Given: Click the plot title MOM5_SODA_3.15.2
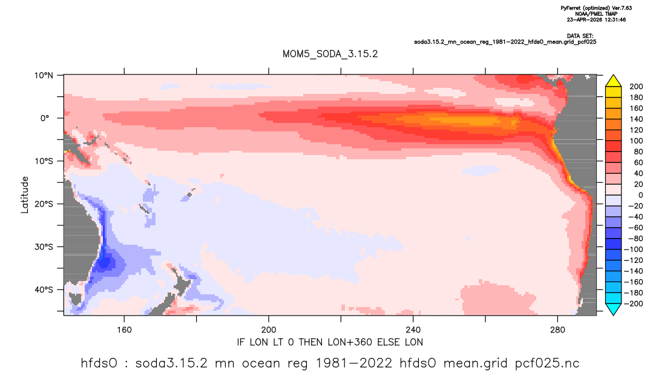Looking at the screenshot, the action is click(x=330, y=55).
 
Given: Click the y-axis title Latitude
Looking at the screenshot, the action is click(x=25, y=195).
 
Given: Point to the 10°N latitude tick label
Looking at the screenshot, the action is click(x=44, y=76).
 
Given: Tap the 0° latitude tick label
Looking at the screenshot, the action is click(x=45, y=118).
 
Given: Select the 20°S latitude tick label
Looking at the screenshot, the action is click(x=44, y=204).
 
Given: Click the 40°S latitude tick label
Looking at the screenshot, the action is click(x=44, y=289).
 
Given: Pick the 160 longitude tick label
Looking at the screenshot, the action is click(x=124, y=330).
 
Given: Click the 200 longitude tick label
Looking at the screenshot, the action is click(x=269, y=330).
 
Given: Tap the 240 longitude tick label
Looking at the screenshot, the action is click(x=413, y=330).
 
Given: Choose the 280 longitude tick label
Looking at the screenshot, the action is click(x=557, y=330).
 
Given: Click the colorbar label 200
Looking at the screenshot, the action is click(x=636, y=87).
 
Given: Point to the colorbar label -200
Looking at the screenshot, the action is click(x=634, y=303).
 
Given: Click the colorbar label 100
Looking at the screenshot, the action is click(x=636, y=141).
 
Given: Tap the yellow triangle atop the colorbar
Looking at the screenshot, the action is click(x=613, y=81).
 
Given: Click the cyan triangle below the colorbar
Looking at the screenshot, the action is click(x=613, y=309).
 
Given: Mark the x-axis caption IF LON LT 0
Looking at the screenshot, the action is click(x=272, y=342).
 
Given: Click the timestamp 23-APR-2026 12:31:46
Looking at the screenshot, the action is click(x=596, y=19).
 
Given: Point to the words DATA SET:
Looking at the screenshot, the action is click(x=580, y=36).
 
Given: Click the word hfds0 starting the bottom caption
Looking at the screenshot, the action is click(x=99, y=363).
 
